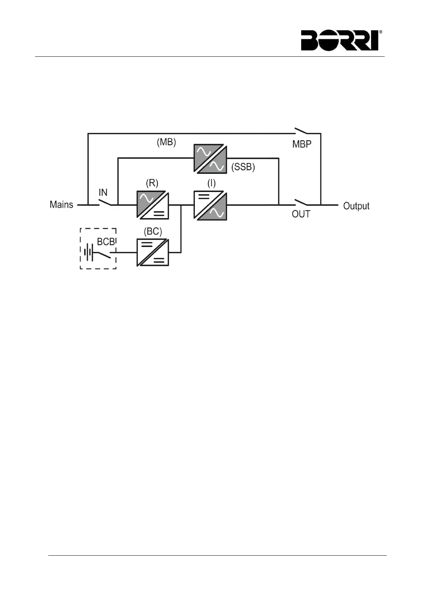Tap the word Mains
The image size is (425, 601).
click(61, 204)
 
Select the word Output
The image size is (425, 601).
click(356, 206)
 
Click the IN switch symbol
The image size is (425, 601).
click(105, 202)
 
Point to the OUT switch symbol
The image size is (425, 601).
click(301, 202)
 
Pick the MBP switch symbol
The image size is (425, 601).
click(301, 131)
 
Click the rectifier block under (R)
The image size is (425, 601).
click(153, 205)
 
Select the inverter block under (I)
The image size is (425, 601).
click(211, 205)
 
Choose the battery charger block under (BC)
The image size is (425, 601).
click(153, 253)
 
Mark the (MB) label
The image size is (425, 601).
click(167, 142)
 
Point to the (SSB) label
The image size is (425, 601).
click(243, 167)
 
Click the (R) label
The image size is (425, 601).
click(152, 183)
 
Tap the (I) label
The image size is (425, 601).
click(212, 183)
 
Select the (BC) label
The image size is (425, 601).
click(153, 231)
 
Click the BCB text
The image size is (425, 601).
click(106, 242)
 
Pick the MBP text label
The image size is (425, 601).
click(302, 144)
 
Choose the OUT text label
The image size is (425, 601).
click(301, 214)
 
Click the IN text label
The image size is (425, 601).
click(103, 193)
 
